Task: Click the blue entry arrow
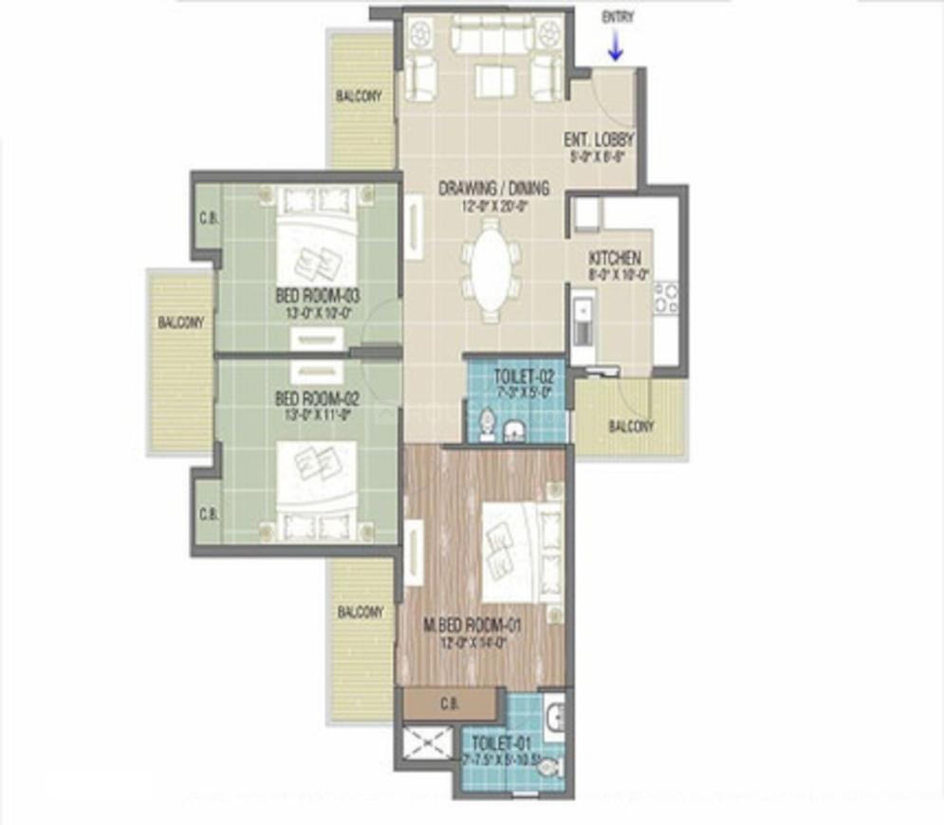pyautogui.click(x=615, y=47)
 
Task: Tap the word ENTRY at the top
pyautogui.click(x=617, y=16)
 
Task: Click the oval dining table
pyautogui.click(x=490, y=267)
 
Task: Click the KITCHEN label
pyautogui.click(x=615, y=258)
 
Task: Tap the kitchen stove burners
pyautogui.click(x=666, y=298)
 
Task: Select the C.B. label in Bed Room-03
pyautogui.click(x=209, y=217)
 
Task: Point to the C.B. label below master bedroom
pyautogui.click(x=450, y=705)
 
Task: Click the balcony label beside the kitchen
pyautogui.click(x=631, y=427)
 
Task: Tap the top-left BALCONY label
pyautogui.click(x=360, y=97)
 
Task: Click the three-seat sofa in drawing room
pyautogui.click(x=484, y=35)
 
